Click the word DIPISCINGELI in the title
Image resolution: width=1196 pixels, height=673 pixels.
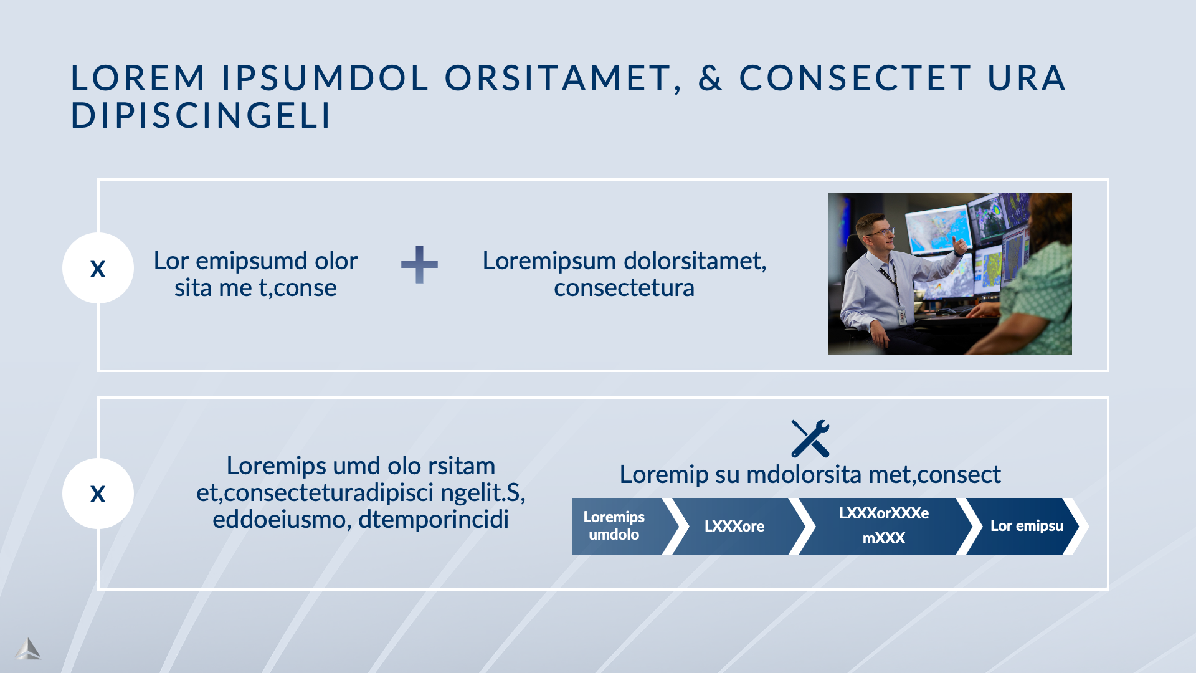click(201, 115)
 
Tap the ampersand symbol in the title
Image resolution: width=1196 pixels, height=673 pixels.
click(710, 79)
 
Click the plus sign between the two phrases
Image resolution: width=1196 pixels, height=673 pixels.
click(419, 264)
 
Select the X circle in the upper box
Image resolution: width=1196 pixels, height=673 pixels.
click(98, 269)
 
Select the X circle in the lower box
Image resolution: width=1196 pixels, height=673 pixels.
click(98, 494)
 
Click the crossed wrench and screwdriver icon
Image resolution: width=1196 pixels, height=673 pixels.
click(810, 438)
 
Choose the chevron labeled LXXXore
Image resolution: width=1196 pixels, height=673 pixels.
click(735, 526)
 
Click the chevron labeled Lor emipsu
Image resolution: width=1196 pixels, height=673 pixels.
click(1025, 526)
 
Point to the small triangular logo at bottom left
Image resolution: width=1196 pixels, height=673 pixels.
click(28, 649)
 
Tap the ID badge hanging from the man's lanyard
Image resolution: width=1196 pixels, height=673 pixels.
click(901, 315)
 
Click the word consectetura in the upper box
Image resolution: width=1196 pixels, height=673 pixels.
click(624, 288)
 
